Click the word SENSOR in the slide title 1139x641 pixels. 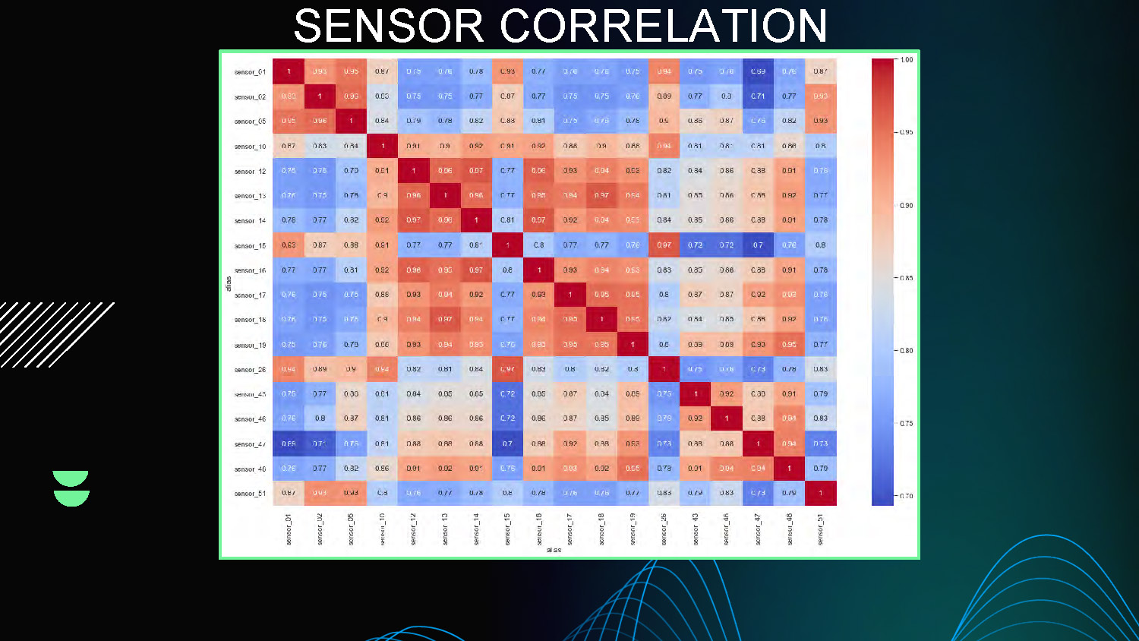click(x=388, y=27)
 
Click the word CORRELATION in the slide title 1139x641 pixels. click(x=663, y=27)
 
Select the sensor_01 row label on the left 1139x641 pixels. click(x=250, y=72)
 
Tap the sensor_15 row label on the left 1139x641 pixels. click(x=250, y=246)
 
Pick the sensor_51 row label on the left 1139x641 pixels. click(x=250, y=494)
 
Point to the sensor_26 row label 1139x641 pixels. click(x=250, y=370)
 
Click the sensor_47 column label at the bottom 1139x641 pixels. click(x=758, y=529)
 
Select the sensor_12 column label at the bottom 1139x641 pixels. click(x=414, y=529)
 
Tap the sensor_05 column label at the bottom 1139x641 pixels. click(x=351, y=529)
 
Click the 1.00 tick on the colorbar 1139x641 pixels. click(x=907, y=60)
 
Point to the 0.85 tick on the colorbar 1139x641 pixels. click(x=907, y=278)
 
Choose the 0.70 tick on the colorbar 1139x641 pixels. click(x=907, y=496)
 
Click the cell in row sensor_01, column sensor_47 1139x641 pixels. click(x=758, y=71)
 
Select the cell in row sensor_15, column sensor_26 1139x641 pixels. click(x=664, y=245)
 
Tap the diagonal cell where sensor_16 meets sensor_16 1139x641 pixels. click(x=539, y=270)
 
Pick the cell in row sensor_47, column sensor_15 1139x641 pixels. click(x=507, y=444)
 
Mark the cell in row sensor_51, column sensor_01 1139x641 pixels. click(x=289, y=493)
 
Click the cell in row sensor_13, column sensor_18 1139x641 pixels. click(x=601, y=195)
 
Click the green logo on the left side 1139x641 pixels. click(x=71, y=488)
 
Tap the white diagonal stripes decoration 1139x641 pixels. click(x=53, y=334)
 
